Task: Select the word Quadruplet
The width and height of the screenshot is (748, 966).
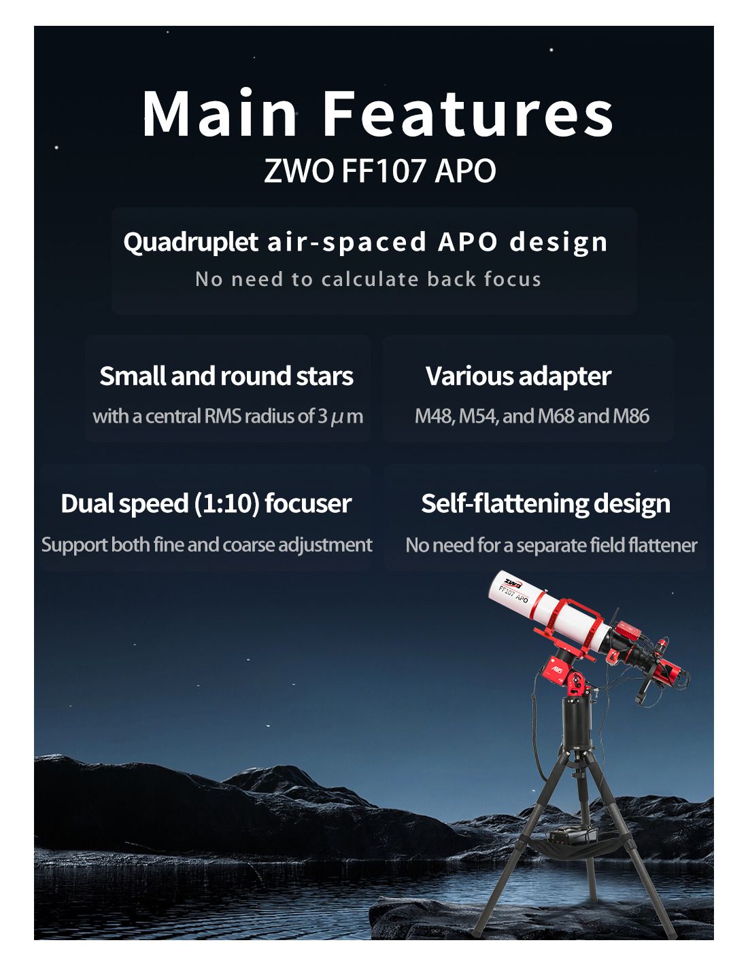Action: (190, 243)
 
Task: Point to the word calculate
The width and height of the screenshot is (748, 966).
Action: (370, 279)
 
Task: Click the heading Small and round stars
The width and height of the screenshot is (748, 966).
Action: (226, 376)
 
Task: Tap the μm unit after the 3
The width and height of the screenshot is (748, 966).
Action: (347, 416)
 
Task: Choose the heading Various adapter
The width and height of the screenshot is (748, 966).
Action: (518, 376)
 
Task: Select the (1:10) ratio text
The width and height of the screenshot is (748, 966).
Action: (226, 503)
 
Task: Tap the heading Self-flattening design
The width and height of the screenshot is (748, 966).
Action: (545, 503)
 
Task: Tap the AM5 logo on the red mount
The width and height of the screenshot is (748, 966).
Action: (557, 670)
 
